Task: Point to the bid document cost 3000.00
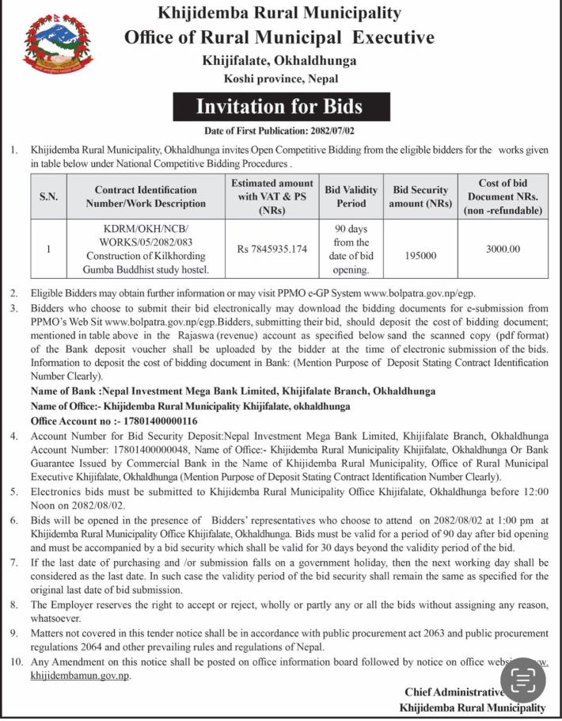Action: [503, 249]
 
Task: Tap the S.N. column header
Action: [49, 196]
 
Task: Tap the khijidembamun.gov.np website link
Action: [80, 676]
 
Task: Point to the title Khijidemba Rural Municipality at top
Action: [279, 13]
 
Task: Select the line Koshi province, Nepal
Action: [280, 78]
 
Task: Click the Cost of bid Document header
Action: [503, 196]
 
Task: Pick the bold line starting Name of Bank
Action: [233, 391]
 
